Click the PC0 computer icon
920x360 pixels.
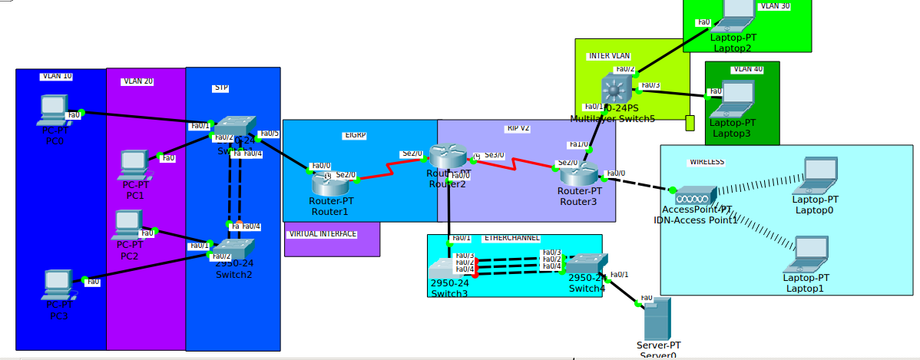click(x=53, y=111)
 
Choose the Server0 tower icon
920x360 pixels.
click(x=657, y=319)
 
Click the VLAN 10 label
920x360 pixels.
click(x=57, y=76)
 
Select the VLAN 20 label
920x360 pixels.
click(x=137, y=81)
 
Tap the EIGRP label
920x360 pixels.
click(x=355, y=135)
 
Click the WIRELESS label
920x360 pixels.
click(x=706, y=162)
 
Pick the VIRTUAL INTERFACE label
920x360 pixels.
click(x=323, y=233)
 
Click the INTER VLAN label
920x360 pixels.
click(x=609, y=56)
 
